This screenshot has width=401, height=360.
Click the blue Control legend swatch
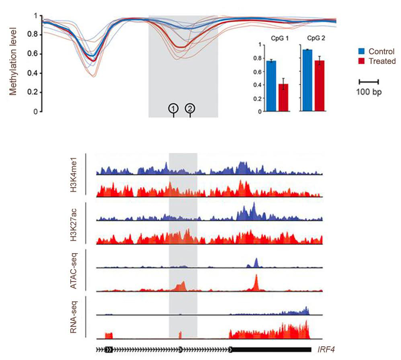(362, 51)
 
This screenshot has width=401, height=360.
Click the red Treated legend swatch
(362, 61)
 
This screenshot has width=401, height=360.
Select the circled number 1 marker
(173, 108)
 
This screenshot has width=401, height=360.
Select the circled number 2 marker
(190, 108)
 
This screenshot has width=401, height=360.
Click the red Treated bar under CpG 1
(283, 98)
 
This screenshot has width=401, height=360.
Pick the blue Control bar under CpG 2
(308, 80)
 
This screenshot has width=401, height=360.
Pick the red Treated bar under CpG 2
(320, 86)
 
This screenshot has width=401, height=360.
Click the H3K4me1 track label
(74, 175)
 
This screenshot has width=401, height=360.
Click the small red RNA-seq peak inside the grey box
(180, 335)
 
